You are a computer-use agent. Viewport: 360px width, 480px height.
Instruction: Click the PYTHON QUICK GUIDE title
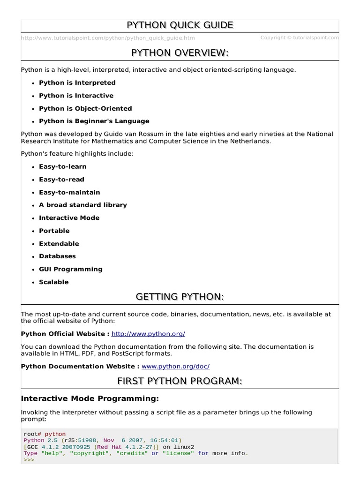[180, 25]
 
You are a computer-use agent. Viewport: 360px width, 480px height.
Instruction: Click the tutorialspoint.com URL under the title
[108, 38]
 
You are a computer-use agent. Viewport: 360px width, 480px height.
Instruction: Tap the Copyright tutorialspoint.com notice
[299, 38]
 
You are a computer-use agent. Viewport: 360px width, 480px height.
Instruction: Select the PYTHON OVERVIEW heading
[180, 53]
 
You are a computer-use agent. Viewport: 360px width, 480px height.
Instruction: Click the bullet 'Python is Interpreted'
[77, 83]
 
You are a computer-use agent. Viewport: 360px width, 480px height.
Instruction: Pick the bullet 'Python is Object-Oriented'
[85, 108]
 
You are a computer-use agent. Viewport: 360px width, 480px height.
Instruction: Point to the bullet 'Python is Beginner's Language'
[94, 121]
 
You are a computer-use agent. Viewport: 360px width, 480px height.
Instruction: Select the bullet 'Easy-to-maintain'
[69, 192]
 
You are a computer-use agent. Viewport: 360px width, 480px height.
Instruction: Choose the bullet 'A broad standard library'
[82, 205]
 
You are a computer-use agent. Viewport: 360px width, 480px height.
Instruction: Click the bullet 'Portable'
[54, 231]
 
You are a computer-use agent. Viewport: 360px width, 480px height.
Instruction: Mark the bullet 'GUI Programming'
[70, 269]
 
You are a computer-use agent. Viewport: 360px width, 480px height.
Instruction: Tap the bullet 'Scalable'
[53, 282]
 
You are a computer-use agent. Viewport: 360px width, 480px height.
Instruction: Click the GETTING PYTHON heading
[180, 297]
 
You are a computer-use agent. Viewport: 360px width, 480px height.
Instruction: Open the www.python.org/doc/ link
[175, 366]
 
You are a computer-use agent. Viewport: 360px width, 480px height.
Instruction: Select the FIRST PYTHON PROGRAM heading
[180, 382]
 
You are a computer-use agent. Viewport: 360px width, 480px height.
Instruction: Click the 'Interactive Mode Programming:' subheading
[90, 399]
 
